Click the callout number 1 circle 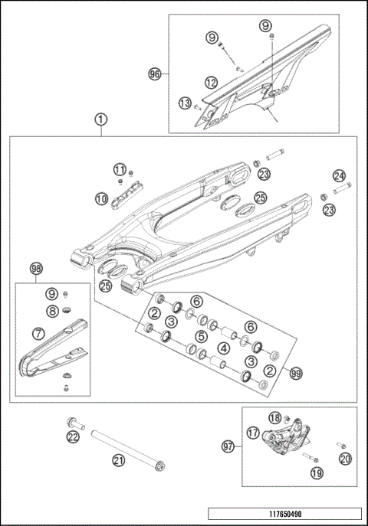(x=101, y=119)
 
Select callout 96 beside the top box (x=154, y=74)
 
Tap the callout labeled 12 (x=211, y=81)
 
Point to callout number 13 (x=185, y=103)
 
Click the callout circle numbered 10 (x=101, y=198)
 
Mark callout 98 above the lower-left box (x=36, y=268)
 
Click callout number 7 (x=37, y=334)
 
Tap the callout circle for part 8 (x=51, y=311)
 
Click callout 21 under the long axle (x=118, y=459)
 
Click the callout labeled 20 (x=344, y=459)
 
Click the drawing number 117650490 (x=284, y=515)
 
